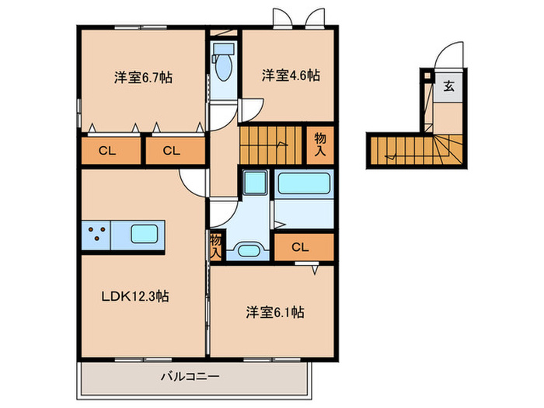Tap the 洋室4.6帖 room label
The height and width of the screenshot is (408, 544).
(x=290, y=75)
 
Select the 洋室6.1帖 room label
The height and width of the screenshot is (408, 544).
(x=274, y=312)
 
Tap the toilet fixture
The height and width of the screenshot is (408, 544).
(x=224, y=65)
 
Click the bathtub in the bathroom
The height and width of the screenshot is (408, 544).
(x=305, y=185)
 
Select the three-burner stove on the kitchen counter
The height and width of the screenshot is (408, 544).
(x=97, y=234)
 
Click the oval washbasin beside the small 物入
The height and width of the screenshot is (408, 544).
(x=249, y=249)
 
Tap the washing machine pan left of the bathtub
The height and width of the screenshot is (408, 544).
(x=254, y=183)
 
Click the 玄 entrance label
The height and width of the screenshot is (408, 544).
(x=449, y=86)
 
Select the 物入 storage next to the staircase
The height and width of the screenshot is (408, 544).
(x=319, y=145)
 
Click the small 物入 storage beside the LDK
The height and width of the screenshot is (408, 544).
(x=216, y=247)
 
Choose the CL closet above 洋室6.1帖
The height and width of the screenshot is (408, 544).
(x=302, y=247)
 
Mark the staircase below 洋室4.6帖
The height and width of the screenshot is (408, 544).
(x=270, y=145)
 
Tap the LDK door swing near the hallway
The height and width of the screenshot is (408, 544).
(x=191, y=183)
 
